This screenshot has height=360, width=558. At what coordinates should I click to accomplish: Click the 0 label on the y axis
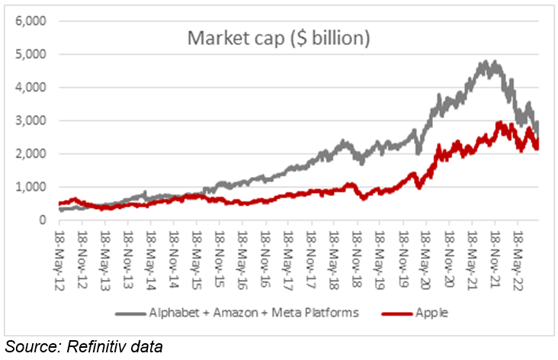pyautogui.click(x=44, y=220)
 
